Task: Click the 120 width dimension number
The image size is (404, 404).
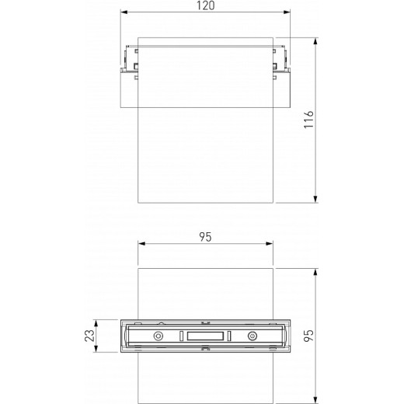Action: (204, 5)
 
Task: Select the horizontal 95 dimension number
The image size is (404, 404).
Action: (204, 235)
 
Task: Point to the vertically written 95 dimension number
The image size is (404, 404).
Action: (308, 336)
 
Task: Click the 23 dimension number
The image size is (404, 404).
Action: (90, 336)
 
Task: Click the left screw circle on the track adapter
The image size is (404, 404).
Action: (158, 336)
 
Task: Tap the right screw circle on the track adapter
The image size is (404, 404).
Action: (252, 336)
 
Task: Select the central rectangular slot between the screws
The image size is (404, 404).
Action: (205, 336)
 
